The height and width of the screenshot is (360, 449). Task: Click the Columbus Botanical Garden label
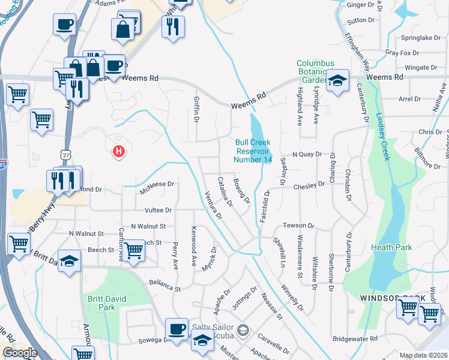pyautogui.click(x=313, y=71)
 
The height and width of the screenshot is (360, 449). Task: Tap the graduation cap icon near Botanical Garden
pyautogui.click(x=338, y=81)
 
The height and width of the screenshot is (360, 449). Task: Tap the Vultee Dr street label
pyautogui.click(x=158, y=211)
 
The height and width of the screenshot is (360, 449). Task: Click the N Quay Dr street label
pyautogui.click(x=307, y=154)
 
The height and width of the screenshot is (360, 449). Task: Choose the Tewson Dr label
pyautogui.click(x=299, y=226)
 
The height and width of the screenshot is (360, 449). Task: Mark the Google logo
pyautogui.click(x=20, y=353)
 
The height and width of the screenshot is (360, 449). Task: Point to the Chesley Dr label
pyautogui.click(x=309, y=187)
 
